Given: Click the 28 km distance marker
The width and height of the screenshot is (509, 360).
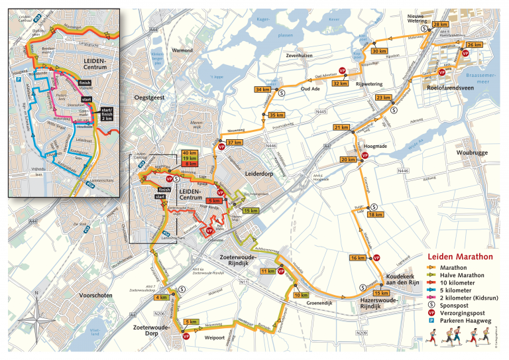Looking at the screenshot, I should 441,25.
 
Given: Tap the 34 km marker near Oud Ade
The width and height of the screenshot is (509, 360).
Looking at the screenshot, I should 263,90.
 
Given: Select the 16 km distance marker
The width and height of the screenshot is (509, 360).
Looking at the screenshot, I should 359,257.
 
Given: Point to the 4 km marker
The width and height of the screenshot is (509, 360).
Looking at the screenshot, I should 161,298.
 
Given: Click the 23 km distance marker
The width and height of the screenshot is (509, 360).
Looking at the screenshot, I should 384,97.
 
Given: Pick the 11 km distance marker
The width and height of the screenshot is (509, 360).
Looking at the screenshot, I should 268,271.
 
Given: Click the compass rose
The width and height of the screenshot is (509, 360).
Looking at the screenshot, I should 37,322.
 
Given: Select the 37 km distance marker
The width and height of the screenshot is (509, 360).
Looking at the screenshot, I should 234,143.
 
